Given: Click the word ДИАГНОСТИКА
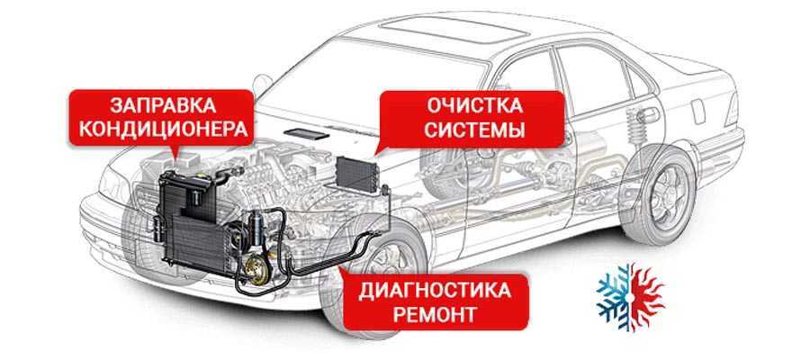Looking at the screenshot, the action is coord(435,292).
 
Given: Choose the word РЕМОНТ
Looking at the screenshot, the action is coord(435,316).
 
